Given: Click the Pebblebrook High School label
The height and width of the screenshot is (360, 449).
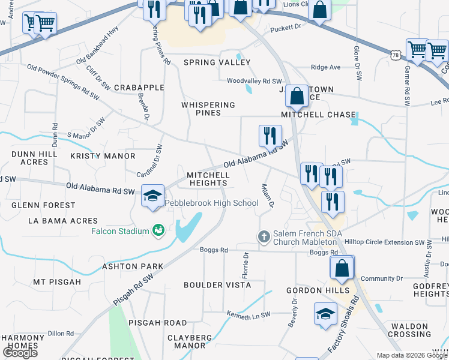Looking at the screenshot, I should coord(211,203).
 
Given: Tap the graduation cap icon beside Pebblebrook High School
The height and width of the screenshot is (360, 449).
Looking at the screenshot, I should coord(152,196).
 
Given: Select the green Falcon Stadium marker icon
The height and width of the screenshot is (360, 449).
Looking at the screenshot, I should coord(158,230).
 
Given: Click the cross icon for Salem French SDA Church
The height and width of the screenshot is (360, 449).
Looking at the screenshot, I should coord(264,237).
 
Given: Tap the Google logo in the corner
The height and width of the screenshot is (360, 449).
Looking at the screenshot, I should coord(20,353).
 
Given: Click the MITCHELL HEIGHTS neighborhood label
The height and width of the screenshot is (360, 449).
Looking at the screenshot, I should coord(208,179).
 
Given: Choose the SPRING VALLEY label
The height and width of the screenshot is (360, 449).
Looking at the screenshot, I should coord(217,62).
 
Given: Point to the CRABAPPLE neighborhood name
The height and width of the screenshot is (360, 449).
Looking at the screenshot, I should coord(139,88).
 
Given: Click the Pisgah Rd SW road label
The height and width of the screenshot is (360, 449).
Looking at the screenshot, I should coord(133,292).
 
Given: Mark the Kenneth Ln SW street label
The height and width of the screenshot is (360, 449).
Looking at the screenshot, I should coord(249,314).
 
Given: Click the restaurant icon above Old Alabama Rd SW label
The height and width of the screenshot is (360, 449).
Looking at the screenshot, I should coord(270,136).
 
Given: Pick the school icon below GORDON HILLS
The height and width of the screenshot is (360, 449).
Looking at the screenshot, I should coord(325,314).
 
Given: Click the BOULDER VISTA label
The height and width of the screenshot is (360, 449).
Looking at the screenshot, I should coord(217,285).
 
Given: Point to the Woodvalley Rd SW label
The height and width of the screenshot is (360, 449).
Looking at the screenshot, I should coord(254,81).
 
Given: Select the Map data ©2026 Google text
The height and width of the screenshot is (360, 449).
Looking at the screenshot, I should coord(411,355).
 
